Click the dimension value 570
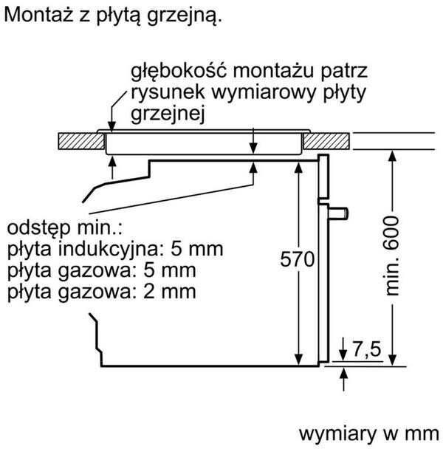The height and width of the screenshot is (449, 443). (298, 260)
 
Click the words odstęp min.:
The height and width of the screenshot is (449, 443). (63, 226)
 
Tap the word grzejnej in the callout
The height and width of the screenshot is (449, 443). (167, 115)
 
